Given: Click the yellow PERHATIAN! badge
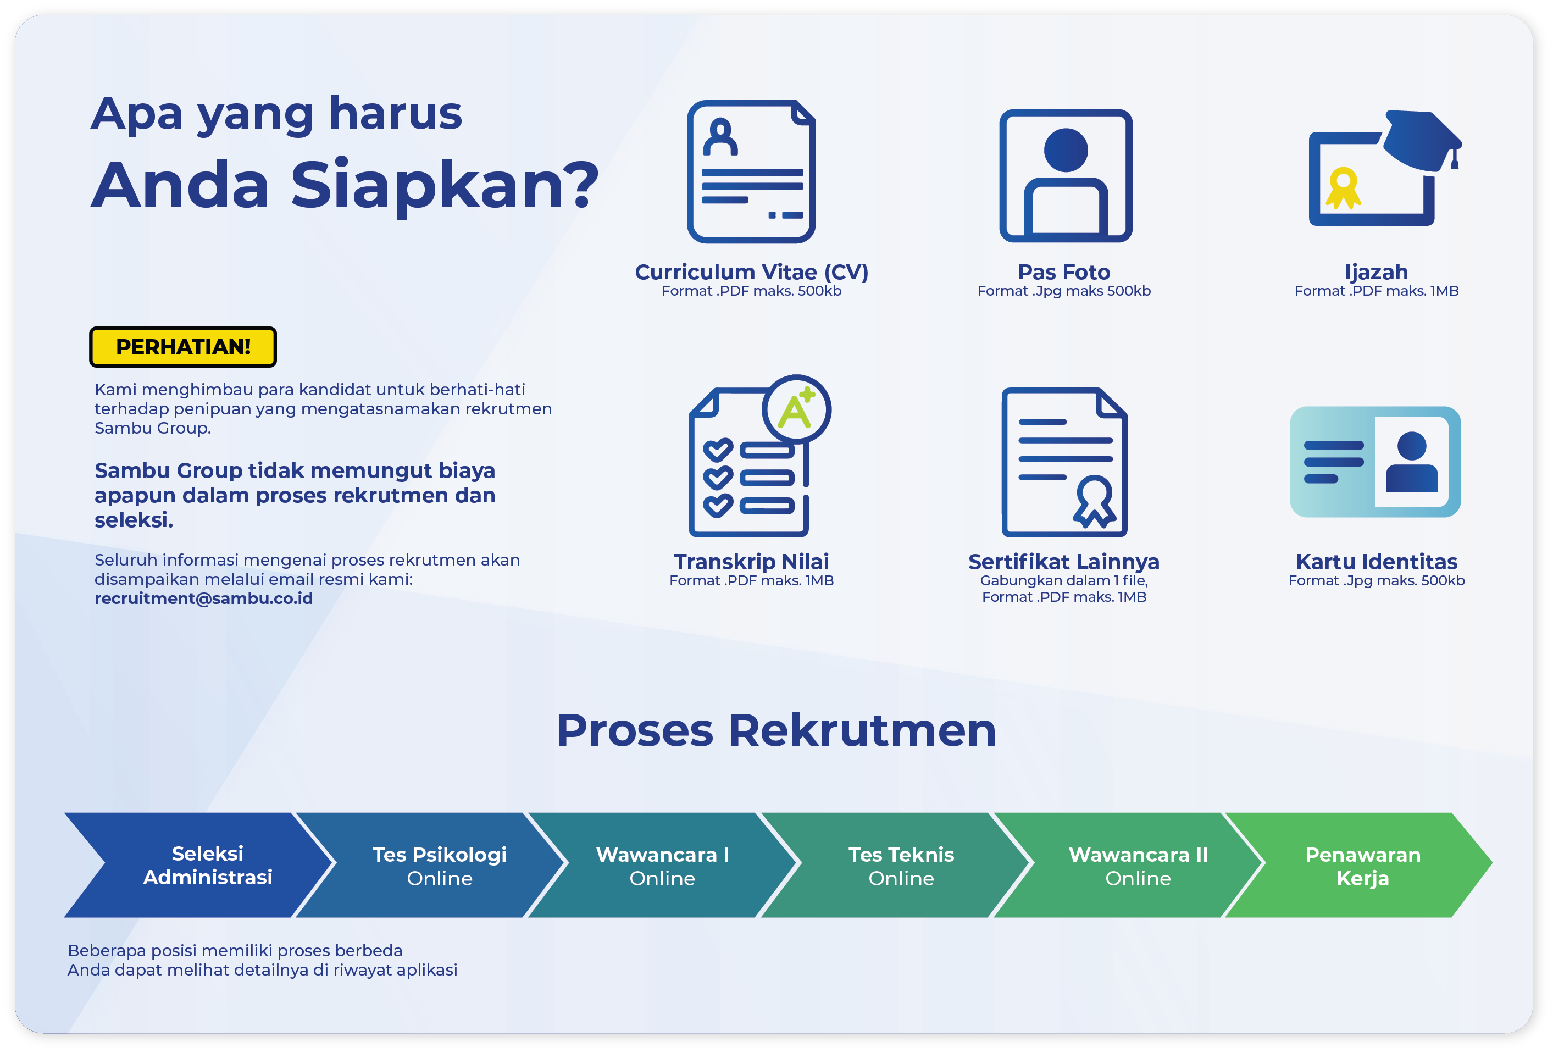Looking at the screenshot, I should [x=182, y=347].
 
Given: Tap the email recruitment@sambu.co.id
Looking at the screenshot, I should [x=203, y=598].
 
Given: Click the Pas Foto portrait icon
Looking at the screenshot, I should [x=1065, y=176].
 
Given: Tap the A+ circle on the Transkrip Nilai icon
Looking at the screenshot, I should [x=796, y=409].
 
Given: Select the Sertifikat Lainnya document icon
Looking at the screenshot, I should [x=1064, y=462].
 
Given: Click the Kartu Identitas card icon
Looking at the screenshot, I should [x=1375, y=462].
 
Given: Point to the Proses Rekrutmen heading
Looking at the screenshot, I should [x=776, y=730].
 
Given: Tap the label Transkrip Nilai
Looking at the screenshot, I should [x=751, y=561].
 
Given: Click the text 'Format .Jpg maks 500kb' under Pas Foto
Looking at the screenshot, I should [x=1064, y=291].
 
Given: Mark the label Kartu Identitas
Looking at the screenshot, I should [x=1377, y=561].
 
